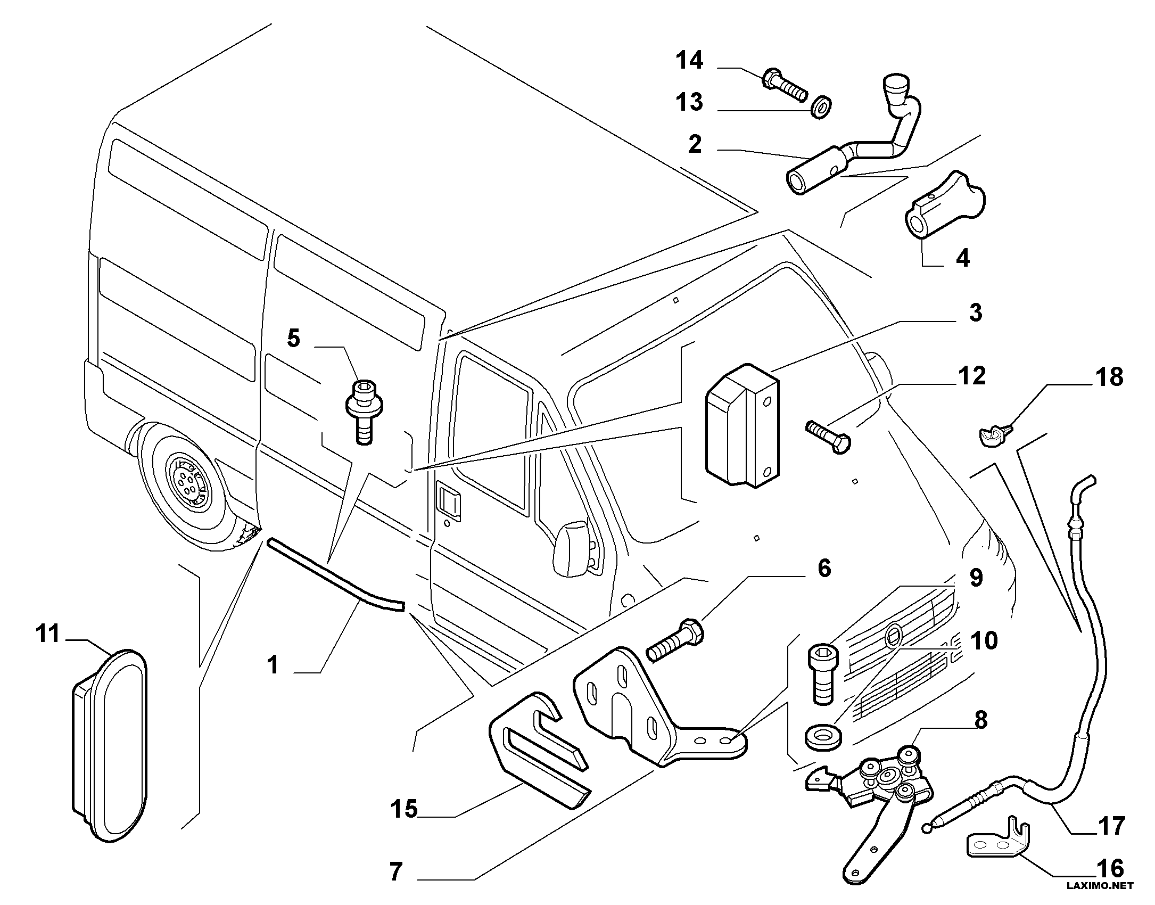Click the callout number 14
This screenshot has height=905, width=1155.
point(689,60)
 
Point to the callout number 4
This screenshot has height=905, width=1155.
point(962,258)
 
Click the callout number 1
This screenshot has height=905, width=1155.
point(273,664)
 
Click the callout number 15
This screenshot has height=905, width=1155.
point(404,809)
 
